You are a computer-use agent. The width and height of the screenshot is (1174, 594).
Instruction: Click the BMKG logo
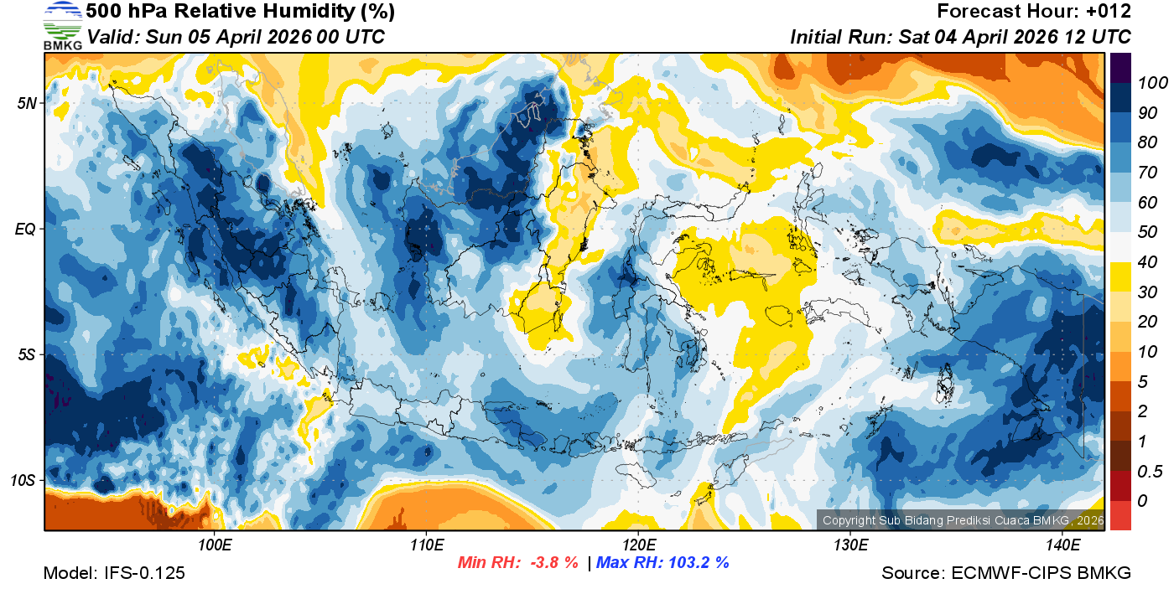click(x=62, y=26)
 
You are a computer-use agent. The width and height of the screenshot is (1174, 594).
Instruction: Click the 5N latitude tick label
click(x=27, y=103)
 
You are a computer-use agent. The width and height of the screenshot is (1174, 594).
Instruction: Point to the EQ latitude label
click(x=26, y=229)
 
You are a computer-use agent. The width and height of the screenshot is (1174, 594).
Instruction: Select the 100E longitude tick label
click(x=215, y=545)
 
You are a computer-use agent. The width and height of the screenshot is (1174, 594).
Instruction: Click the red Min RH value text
click(x=517, y=563)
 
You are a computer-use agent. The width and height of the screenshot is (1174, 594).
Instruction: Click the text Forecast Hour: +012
click(x=1034, y=12)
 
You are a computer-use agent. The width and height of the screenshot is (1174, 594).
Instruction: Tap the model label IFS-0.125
click(x=114, y=573)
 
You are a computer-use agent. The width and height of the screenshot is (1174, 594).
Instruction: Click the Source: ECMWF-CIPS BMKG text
click(x=1006, y=573)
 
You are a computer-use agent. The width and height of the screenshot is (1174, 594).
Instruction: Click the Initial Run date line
click(x=960, y=37)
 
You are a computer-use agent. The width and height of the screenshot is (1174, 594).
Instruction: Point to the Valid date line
click(x=236, y=37)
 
